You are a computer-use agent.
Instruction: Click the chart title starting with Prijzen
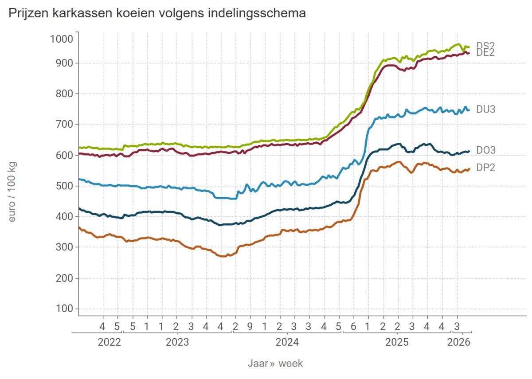[157, 14]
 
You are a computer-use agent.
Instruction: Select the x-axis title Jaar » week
[275, 363]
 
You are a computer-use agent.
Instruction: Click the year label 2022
[109, 342]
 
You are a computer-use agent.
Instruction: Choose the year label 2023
[177, 342]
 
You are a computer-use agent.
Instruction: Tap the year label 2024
[287, 342]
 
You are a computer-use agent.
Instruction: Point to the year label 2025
[397, 342]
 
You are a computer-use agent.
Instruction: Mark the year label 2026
[458, 342]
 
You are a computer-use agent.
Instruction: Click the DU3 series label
[485, 109]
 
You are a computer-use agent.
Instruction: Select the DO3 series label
[485, 151]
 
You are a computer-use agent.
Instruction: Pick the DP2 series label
[485, 168]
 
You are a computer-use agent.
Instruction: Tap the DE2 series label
[485, 53]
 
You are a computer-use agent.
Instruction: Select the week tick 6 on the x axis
[353, 327]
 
